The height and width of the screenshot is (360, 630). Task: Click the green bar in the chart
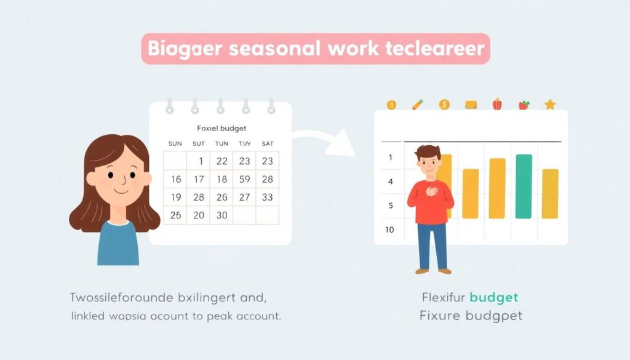point(524,186)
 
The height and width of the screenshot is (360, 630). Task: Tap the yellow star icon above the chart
point(550,105)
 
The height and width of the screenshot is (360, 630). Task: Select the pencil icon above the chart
point(418,104)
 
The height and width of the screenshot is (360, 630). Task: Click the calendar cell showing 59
point(244,180)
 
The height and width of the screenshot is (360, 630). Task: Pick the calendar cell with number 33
point(267,198)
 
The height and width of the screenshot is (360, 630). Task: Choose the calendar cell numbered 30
point(221,215)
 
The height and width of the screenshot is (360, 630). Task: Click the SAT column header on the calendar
point(267,143)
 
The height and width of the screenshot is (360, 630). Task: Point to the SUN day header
point(175,143)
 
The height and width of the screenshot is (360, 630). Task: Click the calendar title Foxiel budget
point(221,129)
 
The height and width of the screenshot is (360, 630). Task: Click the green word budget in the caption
point(493,298)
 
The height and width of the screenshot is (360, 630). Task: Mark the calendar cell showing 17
point(199,180)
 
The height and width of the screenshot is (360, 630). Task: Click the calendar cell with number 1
point(200,161)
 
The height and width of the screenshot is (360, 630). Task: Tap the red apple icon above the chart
point(497,104)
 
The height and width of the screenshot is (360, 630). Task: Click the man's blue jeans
point(433,246)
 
